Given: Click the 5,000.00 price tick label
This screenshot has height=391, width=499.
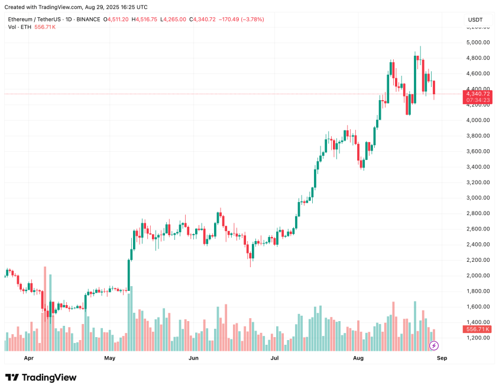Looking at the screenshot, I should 478,42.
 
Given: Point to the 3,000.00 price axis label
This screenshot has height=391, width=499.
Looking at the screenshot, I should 478,198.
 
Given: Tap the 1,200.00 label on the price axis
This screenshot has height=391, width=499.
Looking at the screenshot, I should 478,338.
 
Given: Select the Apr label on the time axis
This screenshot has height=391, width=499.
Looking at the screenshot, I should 29,358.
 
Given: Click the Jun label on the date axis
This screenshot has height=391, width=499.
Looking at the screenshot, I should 193,358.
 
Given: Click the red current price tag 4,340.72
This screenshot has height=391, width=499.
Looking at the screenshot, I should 478,94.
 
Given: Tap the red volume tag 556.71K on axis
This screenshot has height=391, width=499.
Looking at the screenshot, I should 478,329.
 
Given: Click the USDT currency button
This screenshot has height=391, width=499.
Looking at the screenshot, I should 475,20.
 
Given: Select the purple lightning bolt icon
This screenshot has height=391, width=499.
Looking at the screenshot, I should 433,345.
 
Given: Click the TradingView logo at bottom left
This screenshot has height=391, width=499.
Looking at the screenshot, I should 41,377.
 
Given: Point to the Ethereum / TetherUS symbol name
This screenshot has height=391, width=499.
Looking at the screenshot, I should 35,20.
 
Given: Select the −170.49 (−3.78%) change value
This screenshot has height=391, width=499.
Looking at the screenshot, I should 242,20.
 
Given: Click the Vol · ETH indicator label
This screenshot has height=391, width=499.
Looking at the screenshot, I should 20,27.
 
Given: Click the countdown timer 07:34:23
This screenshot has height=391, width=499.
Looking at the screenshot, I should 478,100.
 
